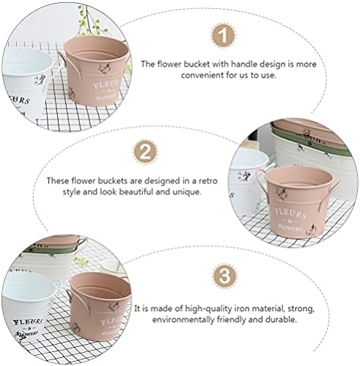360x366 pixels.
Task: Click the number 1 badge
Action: tap(223, 35)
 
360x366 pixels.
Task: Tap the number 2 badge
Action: tap(145, 152)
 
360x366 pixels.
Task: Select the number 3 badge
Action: tap(224, 275)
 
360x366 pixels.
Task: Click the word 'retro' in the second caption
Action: tap(207, 181)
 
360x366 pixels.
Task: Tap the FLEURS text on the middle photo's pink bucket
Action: tap(290, 213)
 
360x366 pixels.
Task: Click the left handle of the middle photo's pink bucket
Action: tap(260, 181)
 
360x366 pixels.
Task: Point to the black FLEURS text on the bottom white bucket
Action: tap(28, 321)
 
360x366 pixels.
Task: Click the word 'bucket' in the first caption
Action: tap(196, 64)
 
